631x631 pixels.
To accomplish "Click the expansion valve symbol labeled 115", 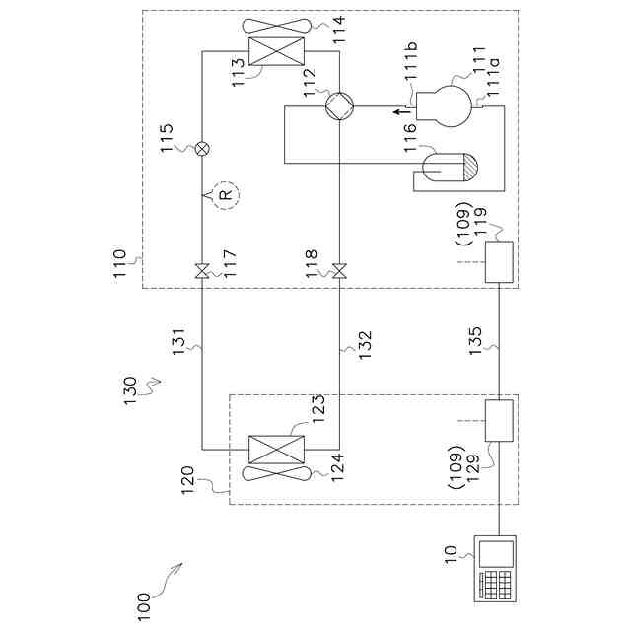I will click(202, 148).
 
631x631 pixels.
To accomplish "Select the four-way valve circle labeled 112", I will click(338, 106).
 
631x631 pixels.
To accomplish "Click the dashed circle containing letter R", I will click(225, 195).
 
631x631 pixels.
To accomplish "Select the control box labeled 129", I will click(501, 421).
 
